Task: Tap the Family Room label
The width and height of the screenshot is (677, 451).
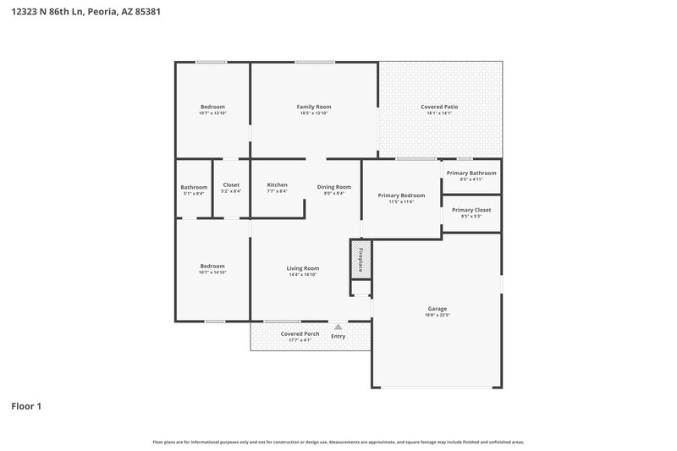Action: pyautogui.click(x=313, y=107)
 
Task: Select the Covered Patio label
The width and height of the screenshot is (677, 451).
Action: pyautogui.click(x=439, y=107)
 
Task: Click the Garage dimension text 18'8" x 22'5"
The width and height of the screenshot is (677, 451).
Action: pyautogui.click(x=437, y=315)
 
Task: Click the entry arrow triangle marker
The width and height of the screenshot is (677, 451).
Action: pyautogui.click(x=338, y=326)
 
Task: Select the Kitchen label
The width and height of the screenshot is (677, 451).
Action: pyautogui.click(x=277, y=185)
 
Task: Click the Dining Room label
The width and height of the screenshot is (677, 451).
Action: pyautogui.click(x=333, y=186)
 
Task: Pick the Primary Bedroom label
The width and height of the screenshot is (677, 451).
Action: pyautogui.click(x=401, y=195)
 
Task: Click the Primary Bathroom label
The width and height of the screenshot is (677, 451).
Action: pyautogui.click(x=471, y=173)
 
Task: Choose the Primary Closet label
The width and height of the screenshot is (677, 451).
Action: pyautogui.click(x=471, y=210)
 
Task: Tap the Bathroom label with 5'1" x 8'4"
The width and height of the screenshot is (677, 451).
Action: pyautogui.click(x=194, y=187)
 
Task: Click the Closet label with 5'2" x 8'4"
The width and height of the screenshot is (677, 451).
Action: pyautogui.click(x=231, y=184)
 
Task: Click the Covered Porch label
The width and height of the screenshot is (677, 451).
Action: pyautogui.click(x=300, y=334)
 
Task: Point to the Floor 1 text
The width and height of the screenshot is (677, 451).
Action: pyautogui.click(x=26, y=406)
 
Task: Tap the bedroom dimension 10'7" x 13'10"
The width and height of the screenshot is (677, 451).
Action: pyautogui.click(x=212, y=113)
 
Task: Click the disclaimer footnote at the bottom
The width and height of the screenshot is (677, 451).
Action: pyautogui.click(x=338, y=442)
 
